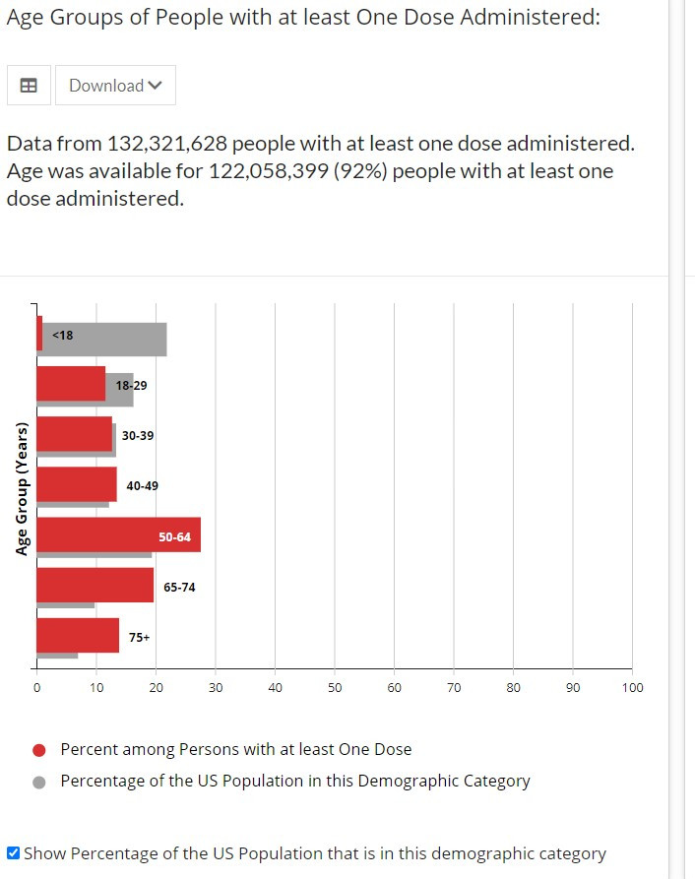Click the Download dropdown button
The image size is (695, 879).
coord(115,86)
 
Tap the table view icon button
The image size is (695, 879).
coord(29,86)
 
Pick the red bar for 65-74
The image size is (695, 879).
coord(95,585)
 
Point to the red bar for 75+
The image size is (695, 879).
coord(77,635)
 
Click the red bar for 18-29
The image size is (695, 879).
coord(70,383)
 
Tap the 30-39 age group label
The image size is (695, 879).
coord(138,435)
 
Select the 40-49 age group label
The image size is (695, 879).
coord(142,485)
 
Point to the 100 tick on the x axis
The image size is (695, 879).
coord(632,687)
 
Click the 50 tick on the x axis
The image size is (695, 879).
coord(335,687)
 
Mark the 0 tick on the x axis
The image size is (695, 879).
coord(36,687)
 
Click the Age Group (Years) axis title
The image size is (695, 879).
coord(22,488)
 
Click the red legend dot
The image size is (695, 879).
coord(39,750)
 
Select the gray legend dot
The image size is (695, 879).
coord(39,782)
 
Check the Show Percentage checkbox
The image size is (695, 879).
coord(13,853)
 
